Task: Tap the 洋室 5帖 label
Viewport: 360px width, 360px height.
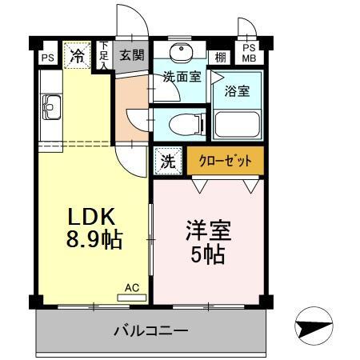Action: (x=207, y=241)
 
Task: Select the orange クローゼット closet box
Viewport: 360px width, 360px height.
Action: (x=225, y=160)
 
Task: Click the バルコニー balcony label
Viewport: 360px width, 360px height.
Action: (x=150, y=330)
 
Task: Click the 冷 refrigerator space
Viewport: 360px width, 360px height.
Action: (x=77, y=56)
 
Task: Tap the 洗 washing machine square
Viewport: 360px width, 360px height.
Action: (x=169, y=160)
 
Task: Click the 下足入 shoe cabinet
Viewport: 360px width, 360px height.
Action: (x=104, y=56)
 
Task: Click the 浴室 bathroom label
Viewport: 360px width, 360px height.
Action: (x=237, y=90)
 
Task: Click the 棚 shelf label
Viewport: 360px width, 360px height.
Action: (x=220, y=57)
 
